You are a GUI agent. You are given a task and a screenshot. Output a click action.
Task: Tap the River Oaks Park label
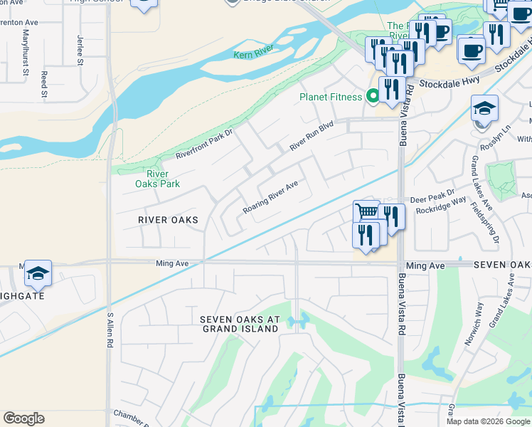157,179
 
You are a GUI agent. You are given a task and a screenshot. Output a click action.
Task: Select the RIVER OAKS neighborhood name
168,220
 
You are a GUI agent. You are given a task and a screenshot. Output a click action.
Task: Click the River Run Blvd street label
311,136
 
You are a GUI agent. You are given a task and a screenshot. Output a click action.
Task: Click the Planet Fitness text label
331,97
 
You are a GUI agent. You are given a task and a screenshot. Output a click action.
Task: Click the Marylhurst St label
26,52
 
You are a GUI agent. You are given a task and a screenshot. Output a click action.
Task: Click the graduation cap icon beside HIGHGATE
38,273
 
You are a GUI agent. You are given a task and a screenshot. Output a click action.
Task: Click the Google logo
24,418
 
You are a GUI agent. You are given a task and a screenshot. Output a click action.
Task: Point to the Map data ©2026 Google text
487,421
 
